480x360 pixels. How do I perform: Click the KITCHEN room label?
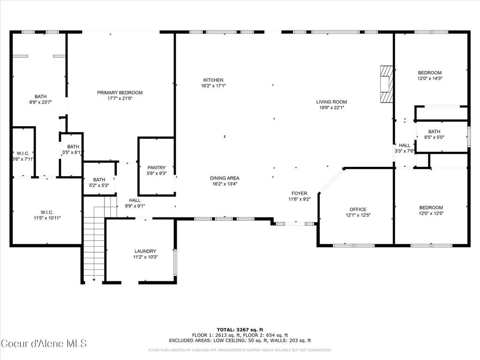(213, 80)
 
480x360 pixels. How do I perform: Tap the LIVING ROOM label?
(331, 102)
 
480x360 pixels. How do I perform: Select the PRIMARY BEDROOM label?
(120, 92)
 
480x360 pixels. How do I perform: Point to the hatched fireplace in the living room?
(385, 83)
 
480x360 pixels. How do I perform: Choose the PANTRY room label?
(156, 167)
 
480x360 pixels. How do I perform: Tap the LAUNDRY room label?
(145, 251)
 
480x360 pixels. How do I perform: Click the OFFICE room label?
(358, 209)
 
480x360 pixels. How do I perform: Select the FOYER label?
(299, 193)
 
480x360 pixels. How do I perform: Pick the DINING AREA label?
(225, 178)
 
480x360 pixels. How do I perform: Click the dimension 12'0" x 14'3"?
(430, 79)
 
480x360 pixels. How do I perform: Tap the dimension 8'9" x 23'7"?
(40, 102)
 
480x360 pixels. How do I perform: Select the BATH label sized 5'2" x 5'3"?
(99, 180)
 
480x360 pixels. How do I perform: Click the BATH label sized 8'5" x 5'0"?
(434, 132)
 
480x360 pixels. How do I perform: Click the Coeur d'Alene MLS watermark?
(44, 344)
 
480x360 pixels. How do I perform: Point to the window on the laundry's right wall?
(175, 262)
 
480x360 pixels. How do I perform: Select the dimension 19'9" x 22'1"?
(331, 108)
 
